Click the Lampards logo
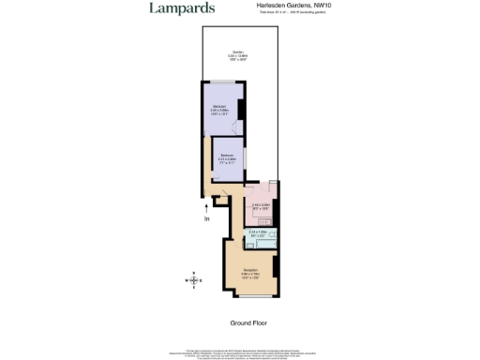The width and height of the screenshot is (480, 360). (182, 8)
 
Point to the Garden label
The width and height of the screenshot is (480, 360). (239, 55)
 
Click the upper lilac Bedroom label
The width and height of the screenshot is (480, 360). (219, 110)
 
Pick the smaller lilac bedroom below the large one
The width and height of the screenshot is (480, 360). (226, 159)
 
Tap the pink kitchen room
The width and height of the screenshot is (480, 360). (260, 206)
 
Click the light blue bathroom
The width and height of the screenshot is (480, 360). (260, 235)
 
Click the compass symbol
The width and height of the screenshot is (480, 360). (194, 279)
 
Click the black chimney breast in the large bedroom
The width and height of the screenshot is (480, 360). (241, 109)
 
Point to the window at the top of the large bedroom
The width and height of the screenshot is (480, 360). (219, 84)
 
